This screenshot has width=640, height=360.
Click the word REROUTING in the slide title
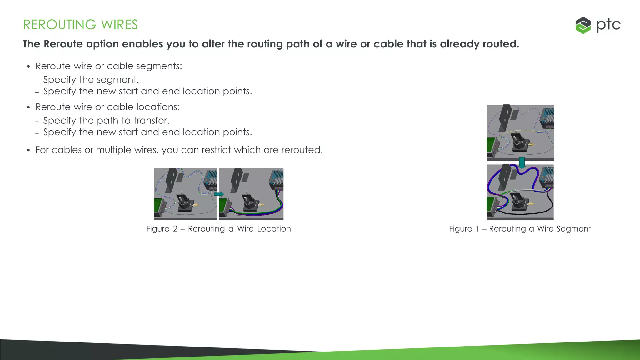pyautogui.click(x=59, y=25)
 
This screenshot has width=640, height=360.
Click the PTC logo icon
pyautogui.click(x=583, y=25)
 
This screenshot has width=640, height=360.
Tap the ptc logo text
pyautogui.click(x=608, y=25)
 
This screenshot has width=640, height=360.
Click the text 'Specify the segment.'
pyautogui.click(x=91, y=80)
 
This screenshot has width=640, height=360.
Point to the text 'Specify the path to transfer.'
pyautogui.click(x=106, y=121)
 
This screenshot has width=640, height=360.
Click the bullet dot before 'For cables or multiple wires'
pyautogui.click(x=28, y=151)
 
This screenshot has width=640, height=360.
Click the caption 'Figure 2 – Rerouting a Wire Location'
pyautogui.click(x=218, y=229)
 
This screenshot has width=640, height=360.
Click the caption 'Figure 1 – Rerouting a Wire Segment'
pyautogui.click(x=520, y=229)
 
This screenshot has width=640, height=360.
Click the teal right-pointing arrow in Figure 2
pyautogui.click(x=219, y=194)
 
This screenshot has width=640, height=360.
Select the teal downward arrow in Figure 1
pyautogui.click(x=522, y=162)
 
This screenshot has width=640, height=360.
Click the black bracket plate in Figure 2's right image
pyautogui.click(x=237, y=180)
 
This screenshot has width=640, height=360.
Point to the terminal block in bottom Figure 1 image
pyautogui.click(x=547, y=178)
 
